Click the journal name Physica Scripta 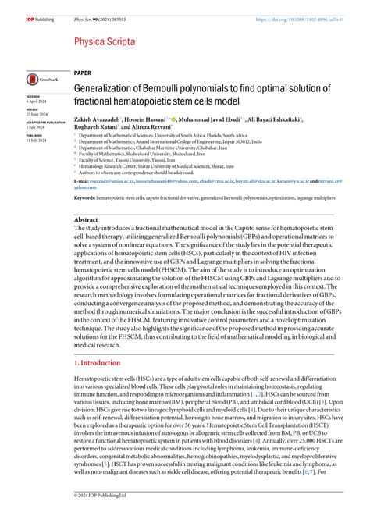point(102,41)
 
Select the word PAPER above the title point(83,71)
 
